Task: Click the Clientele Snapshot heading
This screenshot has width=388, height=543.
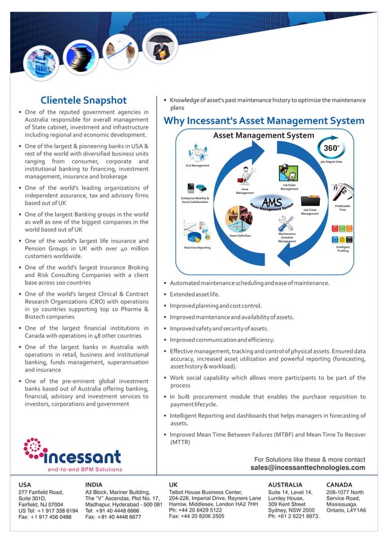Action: (x=83, y=100)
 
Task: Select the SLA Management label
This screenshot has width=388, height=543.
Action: (x=197, y=165)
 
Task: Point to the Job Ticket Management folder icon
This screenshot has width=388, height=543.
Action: (x=310, y=200)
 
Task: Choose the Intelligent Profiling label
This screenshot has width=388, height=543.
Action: (x=343, y=248)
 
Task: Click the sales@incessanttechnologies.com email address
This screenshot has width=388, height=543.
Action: (x=308, y=468)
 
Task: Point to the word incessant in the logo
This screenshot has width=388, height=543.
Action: (x=83, y=456)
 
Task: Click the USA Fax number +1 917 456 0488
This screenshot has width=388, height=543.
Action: (x=45, y=517)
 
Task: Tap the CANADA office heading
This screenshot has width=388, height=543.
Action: (x=339, y=485)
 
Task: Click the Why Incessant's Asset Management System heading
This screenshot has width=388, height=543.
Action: (x=264, y=120)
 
